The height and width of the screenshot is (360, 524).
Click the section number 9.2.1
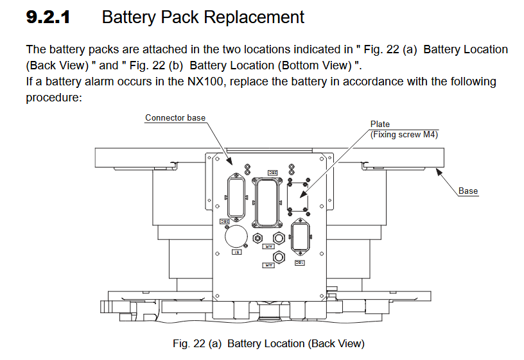click(x=48, y=17)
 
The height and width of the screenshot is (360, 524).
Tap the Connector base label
click(x=175, y=118)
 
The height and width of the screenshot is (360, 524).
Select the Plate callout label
click(x=380, y=124)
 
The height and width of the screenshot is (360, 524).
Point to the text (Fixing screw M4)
click(x=405, y=134)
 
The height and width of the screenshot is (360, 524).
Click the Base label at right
click(x=468, y=191)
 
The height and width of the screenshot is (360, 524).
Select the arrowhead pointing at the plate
click(x=299, y=194)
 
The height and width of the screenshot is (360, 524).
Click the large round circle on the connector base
click(x=236, y=236)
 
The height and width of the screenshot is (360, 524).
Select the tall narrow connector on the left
click(x=235, y=197)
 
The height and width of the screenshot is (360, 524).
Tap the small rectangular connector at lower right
click(x=300, y=236)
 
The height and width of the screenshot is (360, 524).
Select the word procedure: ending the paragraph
click(x=54, y=98)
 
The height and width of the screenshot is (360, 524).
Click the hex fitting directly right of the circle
click(x=258, y=238)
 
